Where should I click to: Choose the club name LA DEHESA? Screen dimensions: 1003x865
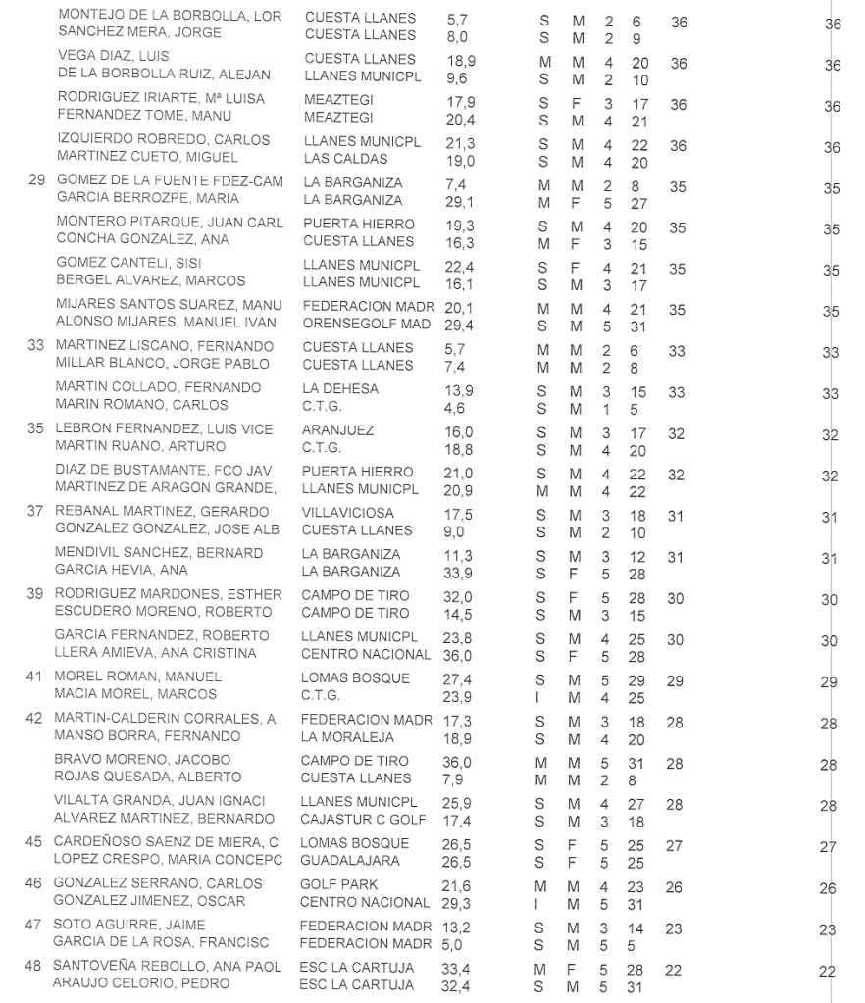click(340, 389)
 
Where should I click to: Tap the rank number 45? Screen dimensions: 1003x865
click(34, 843)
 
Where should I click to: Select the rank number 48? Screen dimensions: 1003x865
click(34, 967)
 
